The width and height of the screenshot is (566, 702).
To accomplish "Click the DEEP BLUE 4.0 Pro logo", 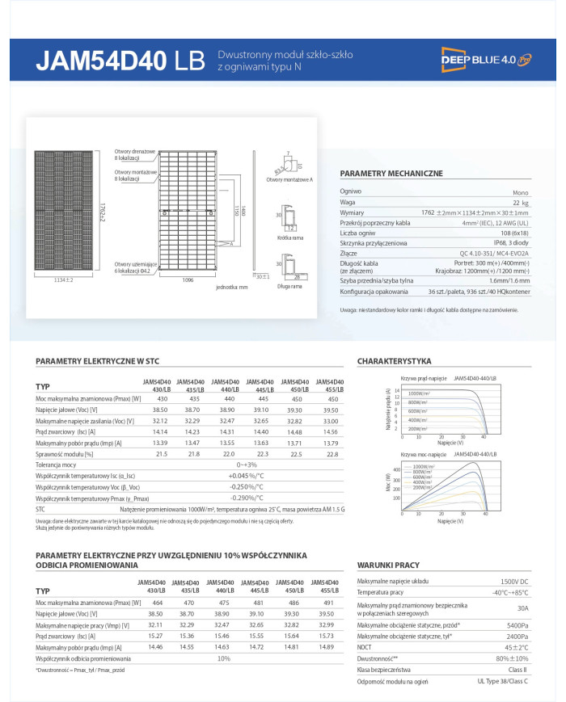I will pyautogui.click(x=486, y=59).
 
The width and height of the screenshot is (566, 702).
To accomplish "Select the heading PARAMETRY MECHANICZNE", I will pyautogui.click(x=391, y=174).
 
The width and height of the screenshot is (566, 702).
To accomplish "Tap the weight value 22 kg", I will pyautogui.click(x=521, y=203).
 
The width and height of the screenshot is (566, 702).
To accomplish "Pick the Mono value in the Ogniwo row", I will pyautogui.click(x=521, y=192).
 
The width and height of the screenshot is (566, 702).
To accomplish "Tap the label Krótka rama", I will pyautogui.click(x=289, y=238).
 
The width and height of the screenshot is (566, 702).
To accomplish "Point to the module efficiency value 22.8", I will pyautogui.click(x=331, y=454).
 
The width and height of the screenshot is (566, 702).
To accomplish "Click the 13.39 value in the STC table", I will pyautogui.click(x=161, y=443).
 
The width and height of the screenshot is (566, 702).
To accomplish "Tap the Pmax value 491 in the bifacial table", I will pyautogui.click(x=327, y=603).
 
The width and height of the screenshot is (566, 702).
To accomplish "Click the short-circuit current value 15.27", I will pyautogui.click(x=155, y=636).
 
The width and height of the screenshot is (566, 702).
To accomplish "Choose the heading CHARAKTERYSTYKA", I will pyautogui.click(x=394, y=361).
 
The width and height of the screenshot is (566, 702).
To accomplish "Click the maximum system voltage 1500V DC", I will pyautogui.click(x=513, y=582).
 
